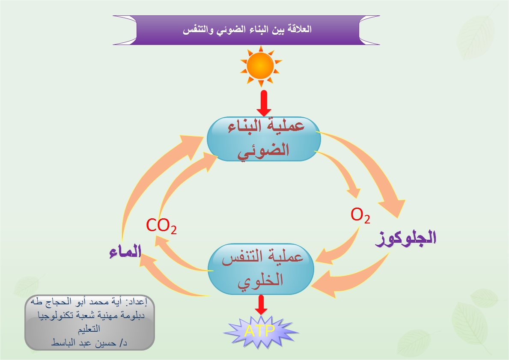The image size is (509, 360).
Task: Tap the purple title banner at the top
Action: (247, 30)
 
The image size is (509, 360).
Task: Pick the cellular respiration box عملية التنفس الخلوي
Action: (261, 269)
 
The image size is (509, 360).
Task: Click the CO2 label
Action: (161, 225)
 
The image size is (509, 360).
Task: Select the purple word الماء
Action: (125, 252)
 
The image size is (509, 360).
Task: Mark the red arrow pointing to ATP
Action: (261, 305)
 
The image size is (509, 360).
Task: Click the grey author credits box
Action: (89, 322)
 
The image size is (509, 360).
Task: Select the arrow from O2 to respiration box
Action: (340, 248)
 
